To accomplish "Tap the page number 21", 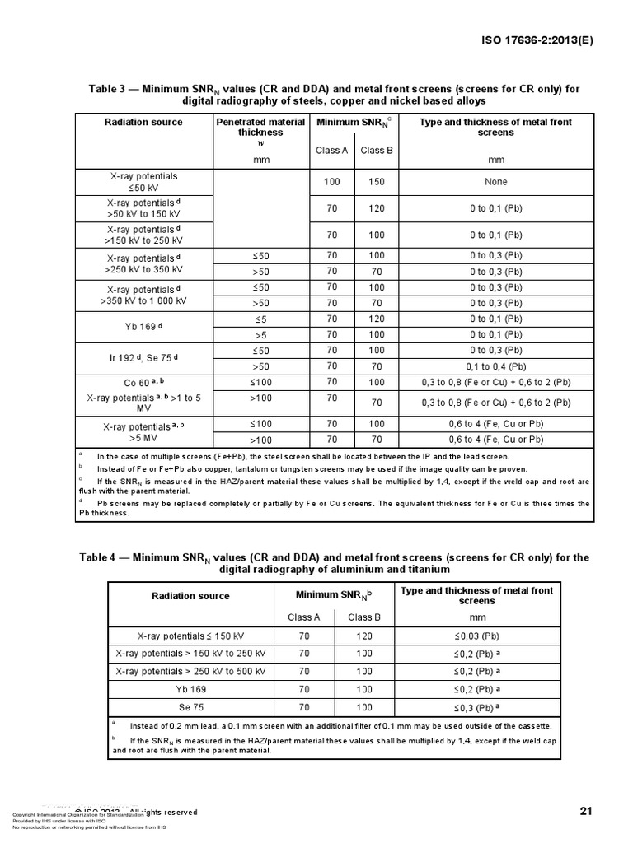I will coord(586,811).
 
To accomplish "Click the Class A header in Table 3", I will coord(331,150).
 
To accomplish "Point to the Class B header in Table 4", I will coord(363,617).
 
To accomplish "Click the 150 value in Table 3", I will coord(376,182).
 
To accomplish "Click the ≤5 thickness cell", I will coord(260,319).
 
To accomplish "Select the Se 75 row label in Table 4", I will coord(190,707).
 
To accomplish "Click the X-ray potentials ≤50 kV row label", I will coord(143,182).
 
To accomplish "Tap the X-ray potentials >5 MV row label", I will coord(143,432).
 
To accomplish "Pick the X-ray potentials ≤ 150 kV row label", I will coord(190,636).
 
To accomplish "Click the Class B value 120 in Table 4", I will coord(363,636).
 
